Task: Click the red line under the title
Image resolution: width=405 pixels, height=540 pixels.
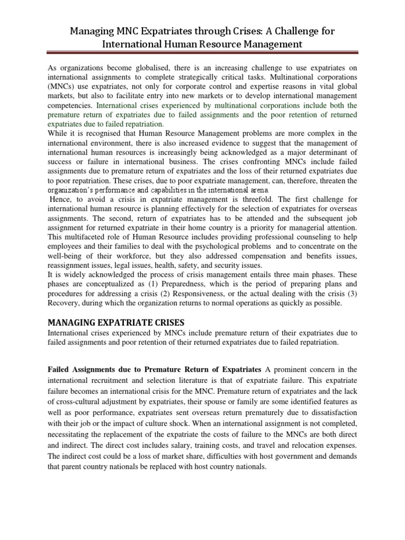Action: [202, 53]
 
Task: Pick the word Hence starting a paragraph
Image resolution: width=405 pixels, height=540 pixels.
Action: [62, 199]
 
